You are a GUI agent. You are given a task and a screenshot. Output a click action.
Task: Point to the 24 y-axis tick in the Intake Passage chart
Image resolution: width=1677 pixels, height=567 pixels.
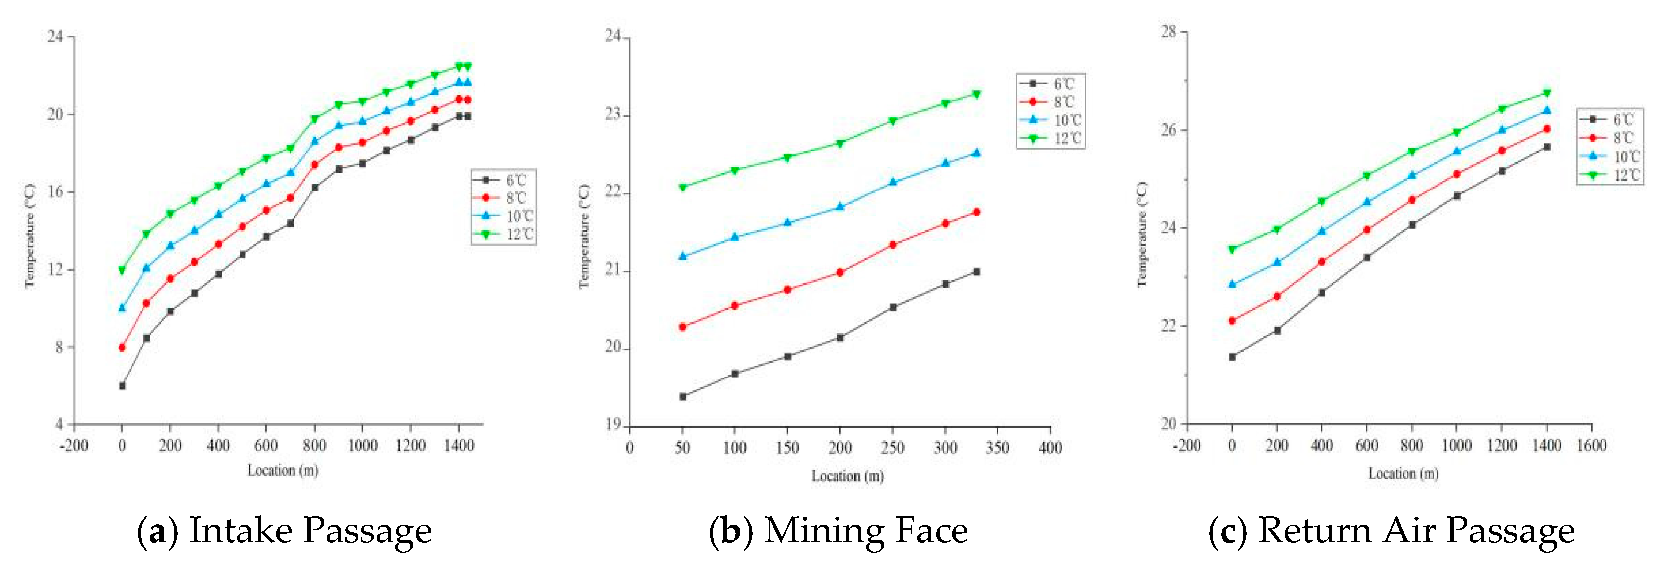56,36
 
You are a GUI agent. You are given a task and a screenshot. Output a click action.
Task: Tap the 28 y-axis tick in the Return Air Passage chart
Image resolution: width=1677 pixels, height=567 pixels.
1169,32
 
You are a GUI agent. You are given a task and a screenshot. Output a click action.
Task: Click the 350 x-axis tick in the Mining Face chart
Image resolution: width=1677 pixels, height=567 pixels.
997,448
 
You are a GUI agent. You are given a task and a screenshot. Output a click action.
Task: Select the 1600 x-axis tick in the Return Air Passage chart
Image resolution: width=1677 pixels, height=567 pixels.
1592,445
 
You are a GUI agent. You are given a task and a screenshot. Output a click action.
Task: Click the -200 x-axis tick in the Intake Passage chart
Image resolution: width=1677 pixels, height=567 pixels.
74,445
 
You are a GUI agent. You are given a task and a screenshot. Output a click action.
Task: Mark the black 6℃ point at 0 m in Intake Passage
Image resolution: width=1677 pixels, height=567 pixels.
122,386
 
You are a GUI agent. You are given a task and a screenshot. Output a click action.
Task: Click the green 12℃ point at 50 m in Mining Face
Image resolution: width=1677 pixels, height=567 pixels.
682,187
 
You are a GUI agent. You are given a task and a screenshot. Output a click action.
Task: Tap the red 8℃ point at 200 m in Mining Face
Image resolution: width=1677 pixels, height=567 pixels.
840,272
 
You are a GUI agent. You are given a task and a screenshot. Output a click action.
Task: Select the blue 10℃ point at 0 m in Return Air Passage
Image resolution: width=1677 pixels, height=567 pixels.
1232,284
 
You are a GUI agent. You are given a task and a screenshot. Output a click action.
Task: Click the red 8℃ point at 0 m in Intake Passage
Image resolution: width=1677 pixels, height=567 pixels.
122,348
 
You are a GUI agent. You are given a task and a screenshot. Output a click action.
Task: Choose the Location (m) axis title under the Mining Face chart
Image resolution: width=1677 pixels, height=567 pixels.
847,476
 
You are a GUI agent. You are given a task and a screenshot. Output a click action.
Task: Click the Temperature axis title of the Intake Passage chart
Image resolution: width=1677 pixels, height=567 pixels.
29,235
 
